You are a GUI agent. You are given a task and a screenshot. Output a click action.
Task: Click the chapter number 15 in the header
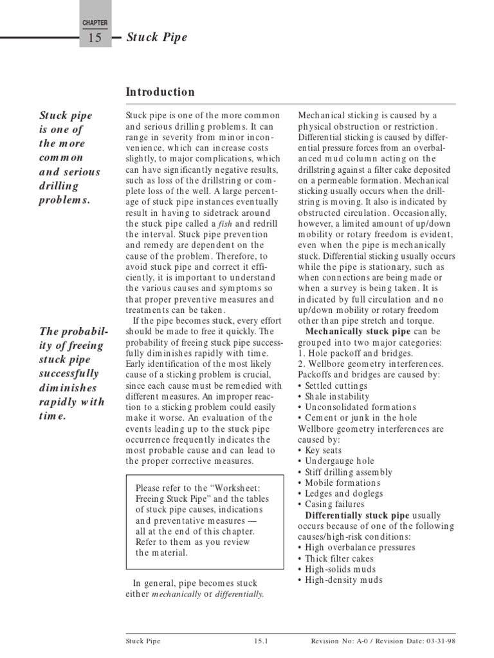[95, 38]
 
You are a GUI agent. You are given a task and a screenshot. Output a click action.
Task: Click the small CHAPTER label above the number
[95, 22]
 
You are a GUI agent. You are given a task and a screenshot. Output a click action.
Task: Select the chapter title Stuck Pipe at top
[157, 37]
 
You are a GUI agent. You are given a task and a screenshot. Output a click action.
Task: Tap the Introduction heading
[160, 92]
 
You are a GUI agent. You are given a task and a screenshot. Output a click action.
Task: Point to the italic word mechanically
[177, 594]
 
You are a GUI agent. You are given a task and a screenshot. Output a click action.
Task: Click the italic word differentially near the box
[239, 594]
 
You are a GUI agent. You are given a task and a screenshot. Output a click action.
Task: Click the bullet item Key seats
[324, 450]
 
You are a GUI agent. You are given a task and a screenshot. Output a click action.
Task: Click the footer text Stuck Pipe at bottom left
[143, 641]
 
